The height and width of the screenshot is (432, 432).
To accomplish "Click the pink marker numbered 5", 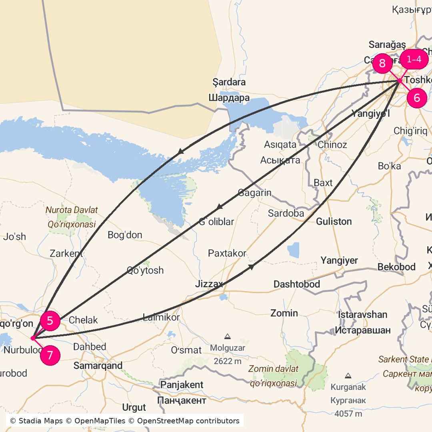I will pyautogui.click(x=50, y=320).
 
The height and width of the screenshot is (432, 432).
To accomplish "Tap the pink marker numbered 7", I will pyautogui.click(x=50, y=356).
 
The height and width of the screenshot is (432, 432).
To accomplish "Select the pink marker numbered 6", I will pyautogui.click(x=417, y=98).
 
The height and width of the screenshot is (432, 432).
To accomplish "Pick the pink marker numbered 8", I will pyautogui.click(x=382, y=63).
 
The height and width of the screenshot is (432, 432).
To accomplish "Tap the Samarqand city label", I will pyautogui.click(x=98, y=366).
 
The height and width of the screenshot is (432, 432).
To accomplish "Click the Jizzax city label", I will pyautogui.click(x=209, y=284).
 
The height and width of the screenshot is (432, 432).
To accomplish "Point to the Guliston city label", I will pyautogui.click(x=334, y=221).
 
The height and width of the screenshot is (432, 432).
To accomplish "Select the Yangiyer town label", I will pyautogui.click(x=339, y=261).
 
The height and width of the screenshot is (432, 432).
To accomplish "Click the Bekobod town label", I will pyautogui.click(x=396, y=267).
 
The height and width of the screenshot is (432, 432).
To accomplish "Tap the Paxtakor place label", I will pyautogui.click(x=227, y=253).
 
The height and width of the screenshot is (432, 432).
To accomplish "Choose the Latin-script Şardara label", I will pyautogui.click(x=229, y=82).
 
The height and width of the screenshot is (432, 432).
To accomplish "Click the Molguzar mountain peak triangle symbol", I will pyautogui.click(x=228, y=336).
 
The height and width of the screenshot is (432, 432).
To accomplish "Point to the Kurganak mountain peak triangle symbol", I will pyautogui.click(x=348, y=376).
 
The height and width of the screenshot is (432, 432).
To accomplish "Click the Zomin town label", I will pyautogui.click(x=284, y=313).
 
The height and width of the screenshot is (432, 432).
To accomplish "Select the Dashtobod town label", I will pyautogui.click(x=296, y=284).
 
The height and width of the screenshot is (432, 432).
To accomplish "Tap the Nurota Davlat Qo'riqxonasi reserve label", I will pyautogui.click(x=72, y=217).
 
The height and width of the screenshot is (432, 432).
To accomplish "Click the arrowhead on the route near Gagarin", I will pyautogui.click(x=219, y=207).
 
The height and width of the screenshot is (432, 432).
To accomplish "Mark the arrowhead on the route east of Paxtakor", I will pyautogui.click(x=251, y=266).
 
